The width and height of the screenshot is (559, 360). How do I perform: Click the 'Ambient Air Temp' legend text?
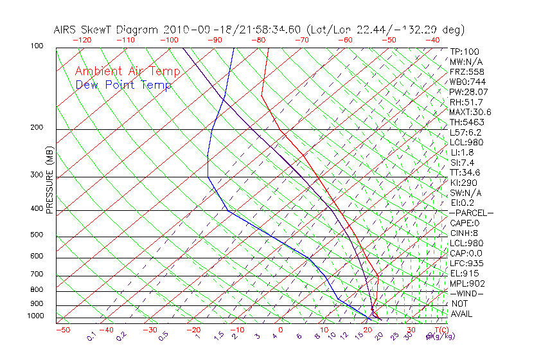[x=127, y=71]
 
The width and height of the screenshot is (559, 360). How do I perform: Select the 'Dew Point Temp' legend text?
[x=123, y=85]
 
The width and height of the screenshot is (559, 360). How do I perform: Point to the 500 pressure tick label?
[x=37, y=235]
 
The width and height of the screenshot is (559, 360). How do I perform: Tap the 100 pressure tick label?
[x=37, y=46]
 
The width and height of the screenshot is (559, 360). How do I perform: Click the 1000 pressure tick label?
[x=35, y=316]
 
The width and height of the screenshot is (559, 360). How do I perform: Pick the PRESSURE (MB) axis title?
[x=49, y=181]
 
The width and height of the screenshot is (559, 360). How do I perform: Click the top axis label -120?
[x=82, y=40]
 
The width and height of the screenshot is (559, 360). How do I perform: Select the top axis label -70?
[x=301, y=40]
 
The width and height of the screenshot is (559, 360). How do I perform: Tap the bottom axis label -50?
[x=62, y=330]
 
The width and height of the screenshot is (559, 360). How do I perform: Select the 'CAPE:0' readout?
[x=465, y=223]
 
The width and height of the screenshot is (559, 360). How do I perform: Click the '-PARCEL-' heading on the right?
[x=472, y=213]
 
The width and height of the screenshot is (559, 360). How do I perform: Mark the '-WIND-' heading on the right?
[x=467, y=293]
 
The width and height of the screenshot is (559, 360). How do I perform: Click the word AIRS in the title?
[x=66, y=30]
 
